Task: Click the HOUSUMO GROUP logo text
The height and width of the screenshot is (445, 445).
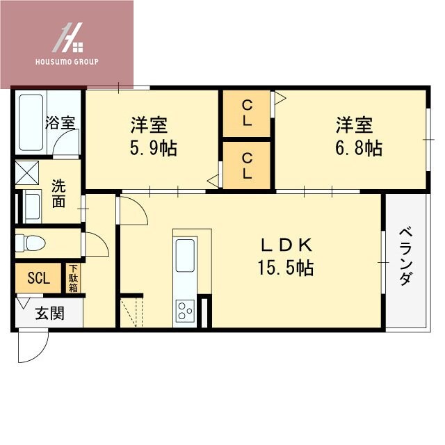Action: (x=67, y=62)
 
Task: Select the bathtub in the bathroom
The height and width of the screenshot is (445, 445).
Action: (x=33, y=122)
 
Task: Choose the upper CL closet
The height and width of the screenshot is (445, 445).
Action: (x=247, y=113)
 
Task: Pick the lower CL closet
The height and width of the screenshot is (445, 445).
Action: (x=247, y=166)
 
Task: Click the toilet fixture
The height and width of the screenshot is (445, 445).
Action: (x=31, y=243)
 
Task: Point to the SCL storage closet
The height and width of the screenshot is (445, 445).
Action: (x=38, y=278)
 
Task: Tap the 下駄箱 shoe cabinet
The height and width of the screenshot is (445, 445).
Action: (x=73, y=278)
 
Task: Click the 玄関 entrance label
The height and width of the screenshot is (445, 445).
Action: (x=50, y=313)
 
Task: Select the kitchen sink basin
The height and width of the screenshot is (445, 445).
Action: (x=186, y=254)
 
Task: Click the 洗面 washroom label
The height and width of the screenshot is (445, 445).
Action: (x=59, y=193)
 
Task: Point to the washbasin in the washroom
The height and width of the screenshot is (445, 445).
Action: (x=31, y=206)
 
